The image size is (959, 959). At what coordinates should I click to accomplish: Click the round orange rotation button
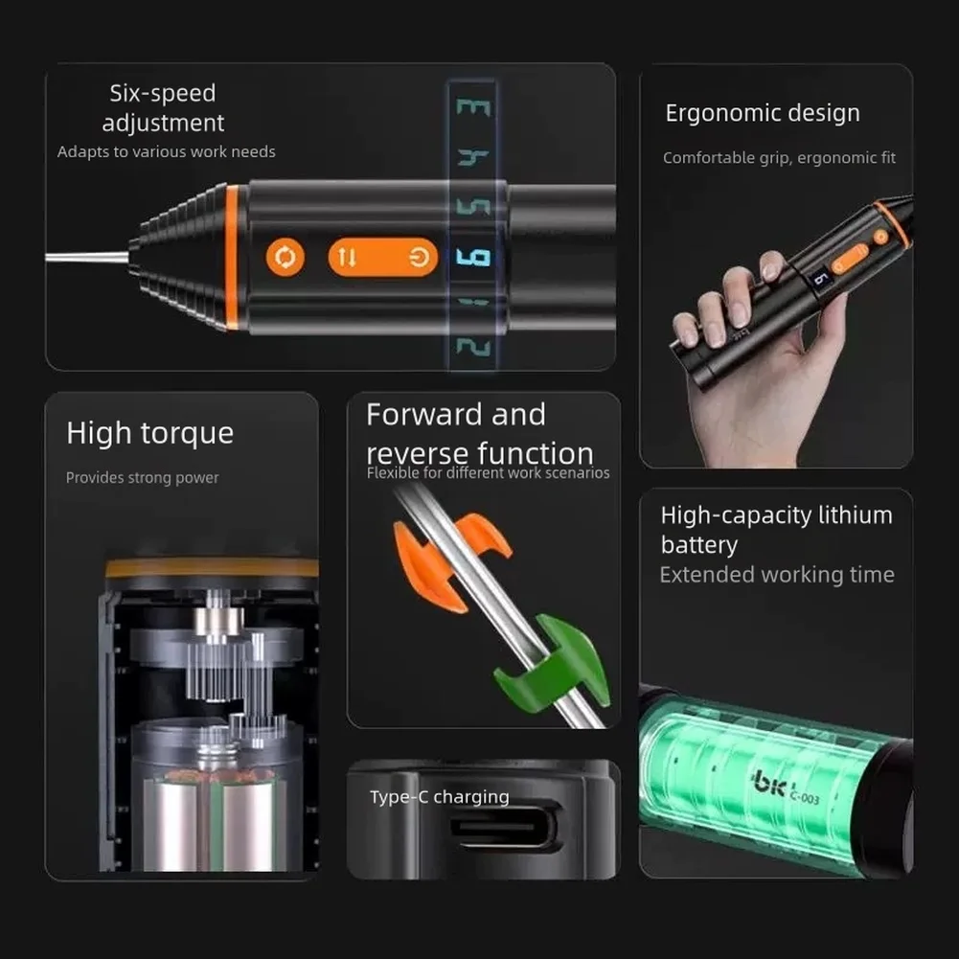pyautogui.click(x=285, y=257)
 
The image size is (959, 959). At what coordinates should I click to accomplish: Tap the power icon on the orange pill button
pyautogui.click(x=419, y=258)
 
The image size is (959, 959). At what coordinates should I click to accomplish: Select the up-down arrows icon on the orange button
pyautogui.click(x=347, y=258)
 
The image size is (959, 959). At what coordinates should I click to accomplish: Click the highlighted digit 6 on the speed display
pyautogui.click(x=473, y=258)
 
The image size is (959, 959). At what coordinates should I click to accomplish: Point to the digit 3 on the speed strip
pyautogui.click(x=473, y=107)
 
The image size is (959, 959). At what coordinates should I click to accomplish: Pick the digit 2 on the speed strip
pyautogui.click(x=473, y=347)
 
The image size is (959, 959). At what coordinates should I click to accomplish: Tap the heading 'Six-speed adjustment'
pyautogui.click(x=163, y=107)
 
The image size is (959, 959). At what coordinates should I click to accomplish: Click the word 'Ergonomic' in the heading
pyautogui.click(x=719, y=114)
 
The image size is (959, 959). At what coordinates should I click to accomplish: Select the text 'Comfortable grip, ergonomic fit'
pyautogui.click(x=779, y=158)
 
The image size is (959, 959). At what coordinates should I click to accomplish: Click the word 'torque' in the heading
pyautogui.click(x=187, y=434)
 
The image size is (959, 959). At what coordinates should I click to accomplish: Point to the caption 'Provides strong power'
pyautogui.click(x=142, y=478)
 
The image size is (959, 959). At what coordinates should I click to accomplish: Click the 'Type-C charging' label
pyautogui.click(x=439, y=797)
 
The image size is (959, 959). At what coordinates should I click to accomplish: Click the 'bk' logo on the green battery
pyautogui.click(x=769, y=783)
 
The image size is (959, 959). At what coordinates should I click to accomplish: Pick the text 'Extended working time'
pyautogui.click(x=777, y=575)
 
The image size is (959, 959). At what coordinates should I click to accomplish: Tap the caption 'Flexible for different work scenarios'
pyautogui.click(x=488, y=472)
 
